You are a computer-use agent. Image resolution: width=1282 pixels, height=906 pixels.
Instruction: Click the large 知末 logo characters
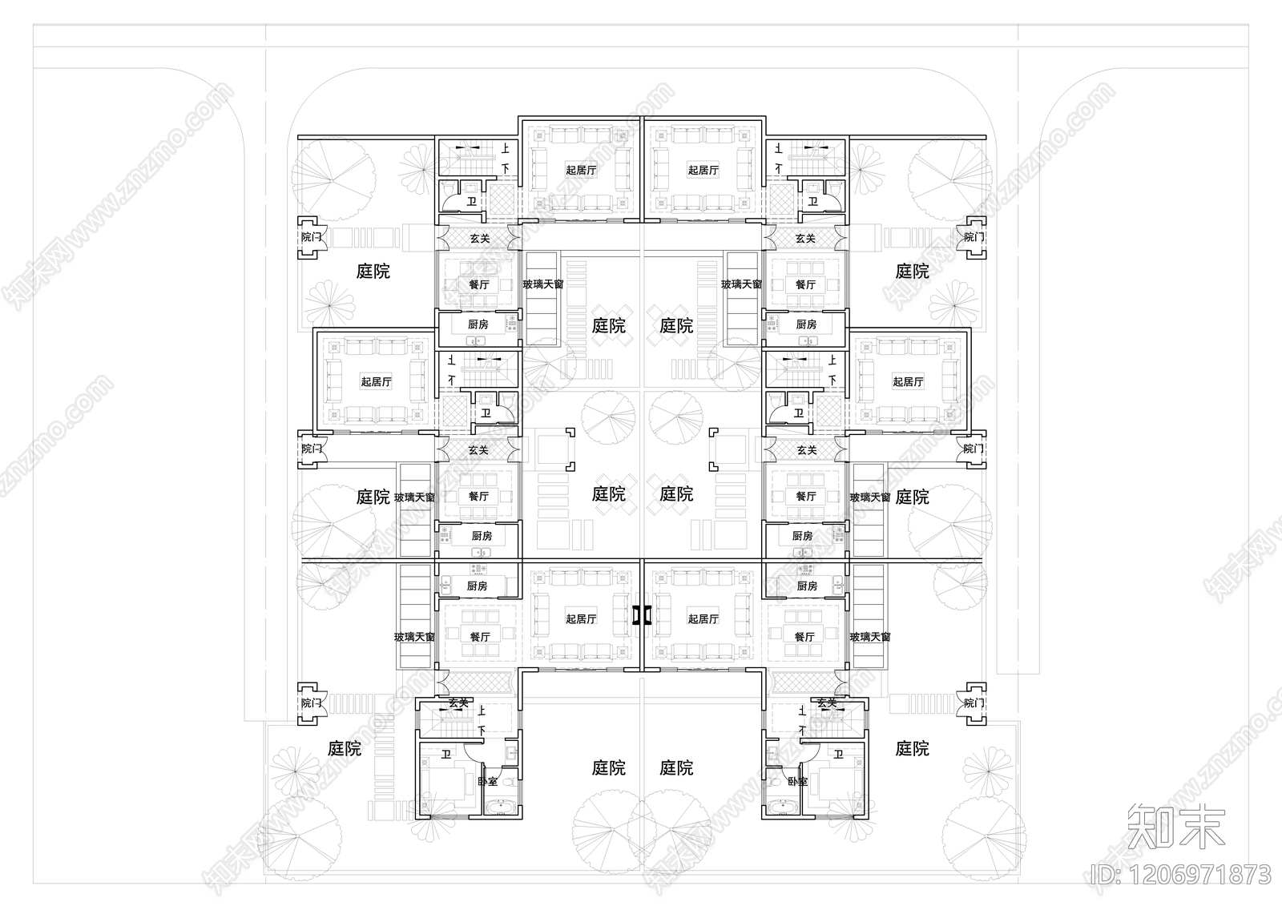click(x=1176, y=827)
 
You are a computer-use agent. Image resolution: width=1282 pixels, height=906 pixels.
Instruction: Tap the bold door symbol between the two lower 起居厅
click(x=642, y=615)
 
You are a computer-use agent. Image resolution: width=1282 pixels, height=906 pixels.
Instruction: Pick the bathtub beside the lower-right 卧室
click(x=779, y=807)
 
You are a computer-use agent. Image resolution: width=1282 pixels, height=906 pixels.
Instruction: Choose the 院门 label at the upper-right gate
click(x=974, y=237)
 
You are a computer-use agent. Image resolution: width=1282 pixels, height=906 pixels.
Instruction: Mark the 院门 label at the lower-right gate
click(x=974, y=703)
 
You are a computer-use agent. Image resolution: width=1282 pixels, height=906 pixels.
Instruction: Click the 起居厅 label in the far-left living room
click(x=376, y=382)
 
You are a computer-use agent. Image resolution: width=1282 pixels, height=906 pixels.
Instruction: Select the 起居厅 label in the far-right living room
click(x=908, y=382)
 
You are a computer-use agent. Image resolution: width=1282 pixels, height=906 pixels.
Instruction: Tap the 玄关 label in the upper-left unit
click(x=479, y=238)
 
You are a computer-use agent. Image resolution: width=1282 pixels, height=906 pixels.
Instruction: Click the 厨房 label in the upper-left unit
click(x=478, y=324)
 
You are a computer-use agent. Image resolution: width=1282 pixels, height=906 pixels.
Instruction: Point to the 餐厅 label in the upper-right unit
click(x=805, y=284)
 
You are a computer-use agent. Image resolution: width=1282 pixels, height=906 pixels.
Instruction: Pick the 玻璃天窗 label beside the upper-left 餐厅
click(x=542, y=284)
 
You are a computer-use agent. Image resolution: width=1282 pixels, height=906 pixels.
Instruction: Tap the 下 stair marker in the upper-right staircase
click(x=778, y=168)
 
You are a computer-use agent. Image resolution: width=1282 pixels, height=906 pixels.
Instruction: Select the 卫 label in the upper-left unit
click(x=472, y=201)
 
